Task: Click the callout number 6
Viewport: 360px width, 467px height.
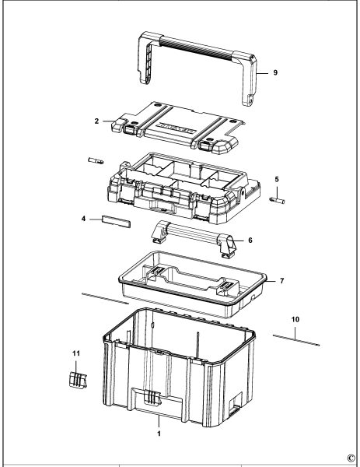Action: (250, 241)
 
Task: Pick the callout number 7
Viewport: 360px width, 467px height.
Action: (282, 279)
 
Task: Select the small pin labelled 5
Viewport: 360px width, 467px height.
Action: (277, 200)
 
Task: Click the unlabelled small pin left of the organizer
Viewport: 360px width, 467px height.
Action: (98, 161)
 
